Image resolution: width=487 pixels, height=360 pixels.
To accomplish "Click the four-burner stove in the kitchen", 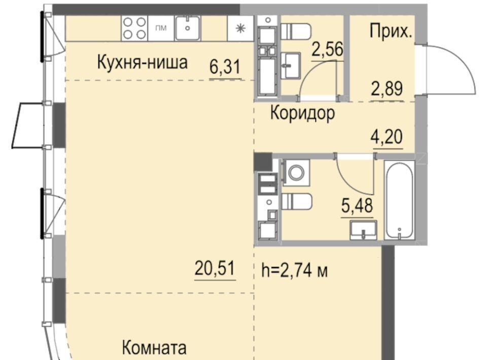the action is click(134, 28).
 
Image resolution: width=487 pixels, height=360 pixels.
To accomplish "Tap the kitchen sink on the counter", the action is click(187, 28).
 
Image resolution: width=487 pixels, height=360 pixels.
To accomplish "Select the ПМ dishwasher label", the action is click(161, 28).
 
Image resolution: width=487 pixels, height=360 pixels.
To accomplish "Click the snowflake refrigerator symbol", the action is click(240, 28).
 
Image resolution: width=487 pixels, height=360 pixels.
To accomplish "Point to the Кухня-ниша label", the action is click(142, 62).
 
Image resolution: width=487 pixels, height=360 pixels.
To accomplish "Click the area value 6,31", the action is click(225, 67).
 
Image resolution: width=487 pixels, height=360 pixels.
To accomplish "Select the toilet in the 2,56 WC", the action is click(295, 31).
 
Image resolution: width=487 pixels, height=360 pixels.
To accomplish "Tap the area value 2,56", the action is click(328, 50).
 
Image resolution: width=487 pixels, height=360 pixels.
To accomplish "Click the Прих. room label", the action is click(391, 31).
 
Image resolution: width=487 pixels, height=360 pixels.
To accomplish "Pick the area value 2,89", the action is click(387, 88).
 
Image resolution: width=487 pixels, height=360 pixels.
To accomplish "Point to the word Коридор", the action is click(302, 113).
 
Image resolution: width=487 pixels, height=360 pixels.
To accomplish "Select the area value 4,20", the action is click(387, 137).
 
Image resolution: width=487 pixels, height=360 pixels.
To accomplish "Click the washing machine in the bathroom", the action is click(296, 172).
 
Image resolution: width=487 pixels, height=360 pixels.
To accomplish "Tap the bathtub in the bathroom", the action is click(399, 200).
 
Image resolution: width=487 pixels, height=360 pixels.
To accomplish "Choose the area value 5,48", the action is click(357, 205).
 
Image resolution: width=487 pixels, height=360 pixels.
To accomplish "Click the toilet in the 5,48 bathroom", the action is click(297, 201).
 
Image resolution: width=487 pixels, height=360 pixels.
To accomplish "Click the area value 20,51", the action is click(215, 268).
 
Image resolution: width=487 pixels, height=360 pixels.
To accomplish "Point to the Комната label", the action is click(154, 348).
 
